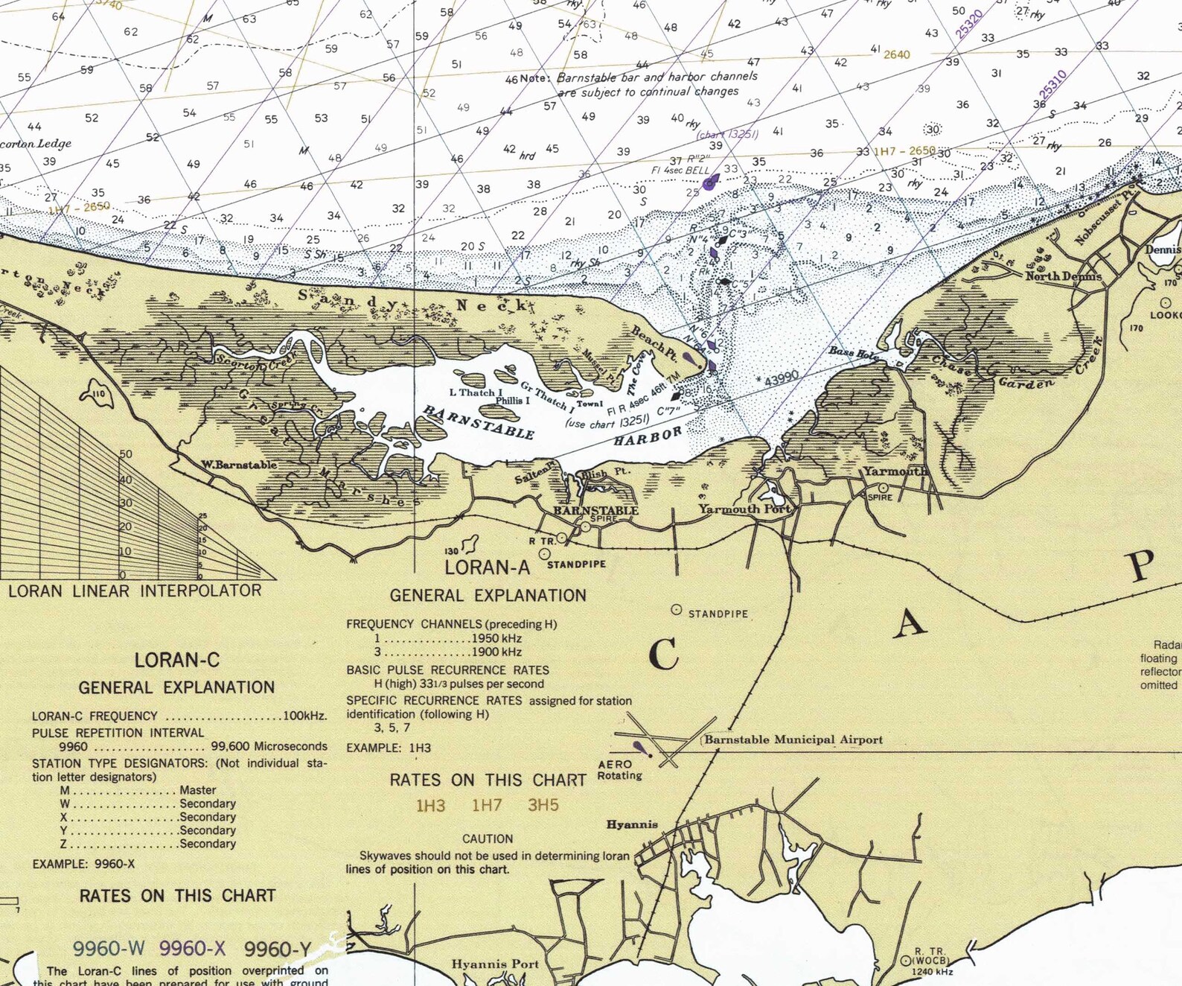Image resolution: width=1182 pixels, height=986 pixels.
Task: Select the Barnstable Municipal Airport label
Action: (793, 739)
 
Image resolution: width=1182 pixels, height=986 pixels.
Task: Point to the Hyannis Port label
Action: (495, 964)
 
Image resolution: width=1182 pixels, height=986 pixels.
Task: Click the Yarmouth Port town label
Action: (744, 509)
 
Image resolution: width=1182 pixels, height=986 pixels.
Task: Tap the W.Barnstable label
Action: (239, 465)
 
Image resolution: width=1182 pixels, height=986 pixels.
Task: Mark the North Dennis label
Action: (1063, 276)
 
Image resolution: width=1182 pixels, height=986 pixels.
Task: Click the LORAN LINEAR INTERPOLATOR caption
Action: (135, 591)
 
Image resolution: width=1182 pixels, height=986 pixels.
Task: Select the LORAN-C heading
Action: (176, 660)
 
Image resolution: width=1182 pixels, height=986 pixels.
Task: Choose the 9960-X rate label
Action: (192, 948)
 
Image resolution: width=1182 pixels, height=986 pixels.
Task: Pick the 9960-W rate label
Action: (109, 948)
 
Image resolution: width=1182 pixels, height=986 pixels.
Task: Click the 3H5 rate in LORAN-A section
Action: (543, 805)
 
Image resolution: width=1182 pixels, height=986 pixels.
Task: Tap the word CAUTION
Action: (488, 839)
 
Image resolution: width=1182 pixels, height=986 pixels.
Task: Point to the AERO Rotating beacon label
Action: (619, 770)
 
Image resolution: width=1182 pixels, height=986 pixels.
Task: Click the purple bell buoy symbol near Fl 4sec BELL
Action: (709, 182)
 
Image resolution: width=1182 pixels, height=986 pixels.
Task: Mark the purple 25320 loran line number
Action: (970, 24)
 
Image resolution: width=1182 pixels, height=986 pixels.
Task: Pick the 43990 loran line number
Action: (782, 378)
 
